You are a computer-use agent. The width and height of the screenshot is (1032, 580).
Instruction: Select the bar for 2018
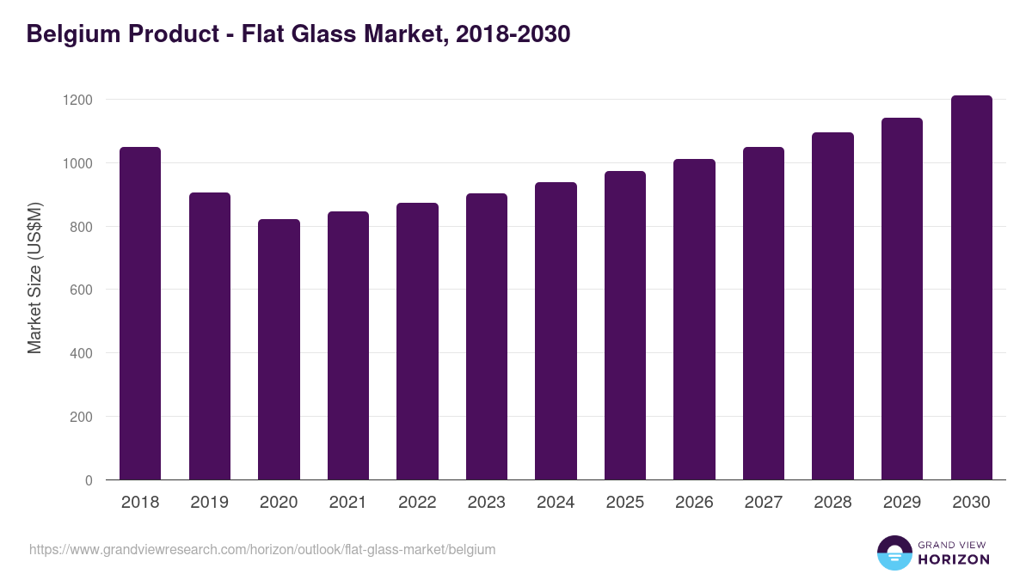click(x=140, y=314)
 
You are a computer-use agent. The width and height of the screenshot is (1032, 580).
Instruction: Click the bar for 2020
click(x=279, y=350)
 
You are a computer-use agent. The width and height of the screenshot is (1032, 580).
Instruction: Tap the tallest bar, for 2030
click(x=971, y=288)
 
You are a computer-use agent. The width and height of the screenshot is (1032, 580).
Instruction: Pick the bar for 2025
click(x=624, y=326)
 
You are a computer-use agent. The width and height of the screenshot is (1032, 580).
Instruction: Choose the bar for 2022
click(x=417, y=341)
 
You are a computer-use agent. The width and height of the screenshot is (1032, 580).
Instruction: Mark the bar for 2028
click(x=832, y=306)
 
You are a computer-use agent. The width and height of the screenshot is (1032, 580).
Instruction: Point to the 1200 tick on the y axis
click(x=77, y=100)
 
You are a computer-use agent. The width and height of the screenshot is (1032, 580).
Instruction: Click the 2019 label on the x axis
click(x=209, y=503)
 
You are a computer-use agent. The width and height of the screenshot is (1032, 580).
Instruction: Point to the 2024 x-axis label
click(x=556, y=503)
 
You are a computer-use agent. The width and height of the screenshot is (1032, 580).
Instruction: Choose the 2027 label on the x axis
click(x=764, y=503)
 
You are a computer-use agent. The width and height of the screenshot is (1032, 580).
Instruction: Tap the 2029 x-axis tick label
click(x=902, y=503)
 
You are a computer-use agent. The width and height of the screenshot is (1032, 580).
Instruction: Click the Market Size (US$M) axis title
click(x=34, y=277)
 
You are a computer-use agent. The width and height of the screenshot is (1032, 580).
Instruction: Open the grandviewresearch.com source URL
click(x=262, y=549)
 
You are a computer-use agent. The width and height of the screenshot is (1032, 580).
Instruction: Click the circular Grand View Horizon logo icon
click(x=894, y=553)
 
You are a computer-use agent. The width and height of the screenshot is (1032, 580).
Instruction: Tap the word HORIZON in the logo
click(x=954, y=559)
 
